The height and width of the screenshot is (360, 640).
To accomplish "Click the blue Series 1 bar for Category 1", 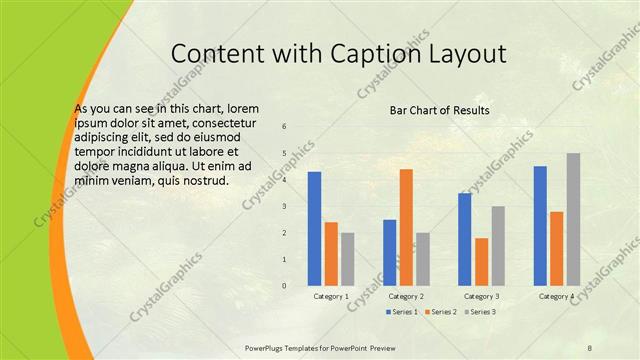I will point(314,229).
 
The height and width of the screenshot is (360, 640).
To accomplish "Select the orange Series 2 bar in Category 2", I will point(406,227).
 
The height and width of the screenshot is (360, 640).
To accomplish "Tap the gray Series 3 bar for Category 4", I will point(573,219).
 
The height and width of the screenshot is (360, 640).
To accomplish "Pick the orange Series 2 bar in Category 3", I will point(482,262).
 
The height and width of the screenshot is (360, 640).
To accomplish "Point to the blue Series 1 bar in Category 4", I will point(541,226).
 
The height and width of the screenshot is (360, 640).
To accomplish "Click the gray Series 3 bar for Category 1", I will point(347,259).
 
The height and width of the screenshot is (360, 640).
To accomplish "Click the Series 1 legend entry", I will point(403,312).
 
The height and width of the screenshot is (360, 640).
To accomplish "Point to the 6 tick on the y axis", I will point(285,127).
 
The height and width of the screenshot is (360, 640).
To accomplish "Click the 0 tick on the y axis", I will point(285,286).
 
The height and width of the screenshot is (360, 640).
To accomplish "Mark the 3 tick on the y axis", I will point(285,207).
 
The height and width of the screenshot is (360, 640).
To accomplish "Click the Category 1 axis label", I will point(331,297).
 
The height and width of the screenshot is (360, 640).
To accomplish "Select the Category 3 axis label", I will point(482,297).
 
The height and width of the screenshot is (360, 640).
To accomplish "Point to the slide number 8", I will point(590,348).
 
